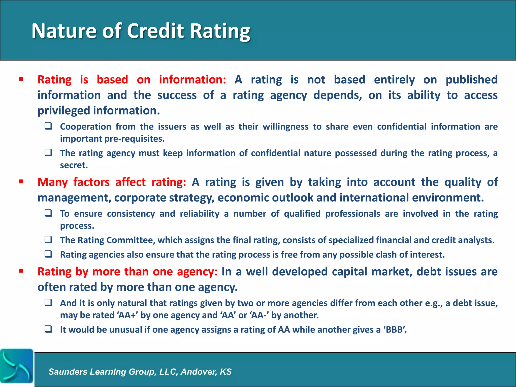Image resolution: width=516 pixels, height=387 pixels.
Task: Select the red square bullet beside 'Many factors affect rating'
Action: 21,182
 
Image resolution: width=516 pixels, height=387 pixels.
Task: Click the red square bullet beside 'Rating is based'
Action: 21,79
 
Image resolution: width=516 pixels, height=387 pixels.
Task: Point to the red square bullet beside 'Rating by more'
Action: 21,271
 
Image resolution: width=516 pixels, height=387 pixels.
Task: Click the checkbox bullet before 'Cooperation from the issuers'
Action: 48,126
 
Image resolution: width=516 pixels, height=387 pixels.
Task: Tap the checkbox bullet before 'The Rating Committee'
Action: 48,239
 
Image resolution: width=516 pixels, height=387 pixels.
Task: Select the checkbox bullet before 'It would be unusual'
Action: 48,329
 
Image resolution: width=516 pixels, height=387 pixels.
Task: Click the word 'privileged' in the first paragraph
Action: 64,111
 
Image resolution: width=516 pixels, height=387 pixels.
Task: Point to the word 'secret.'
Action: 74,165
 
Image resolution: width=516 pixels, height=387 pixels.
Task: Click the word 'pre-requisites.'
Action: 135,139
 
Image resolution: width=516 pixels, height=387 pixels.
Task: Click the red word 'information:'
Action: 192,80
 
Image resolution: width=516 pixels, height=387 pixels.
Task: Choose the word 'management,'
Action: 74,198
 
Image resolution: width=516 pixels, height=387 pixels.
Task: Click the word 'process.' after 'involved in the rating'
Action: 77,226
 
